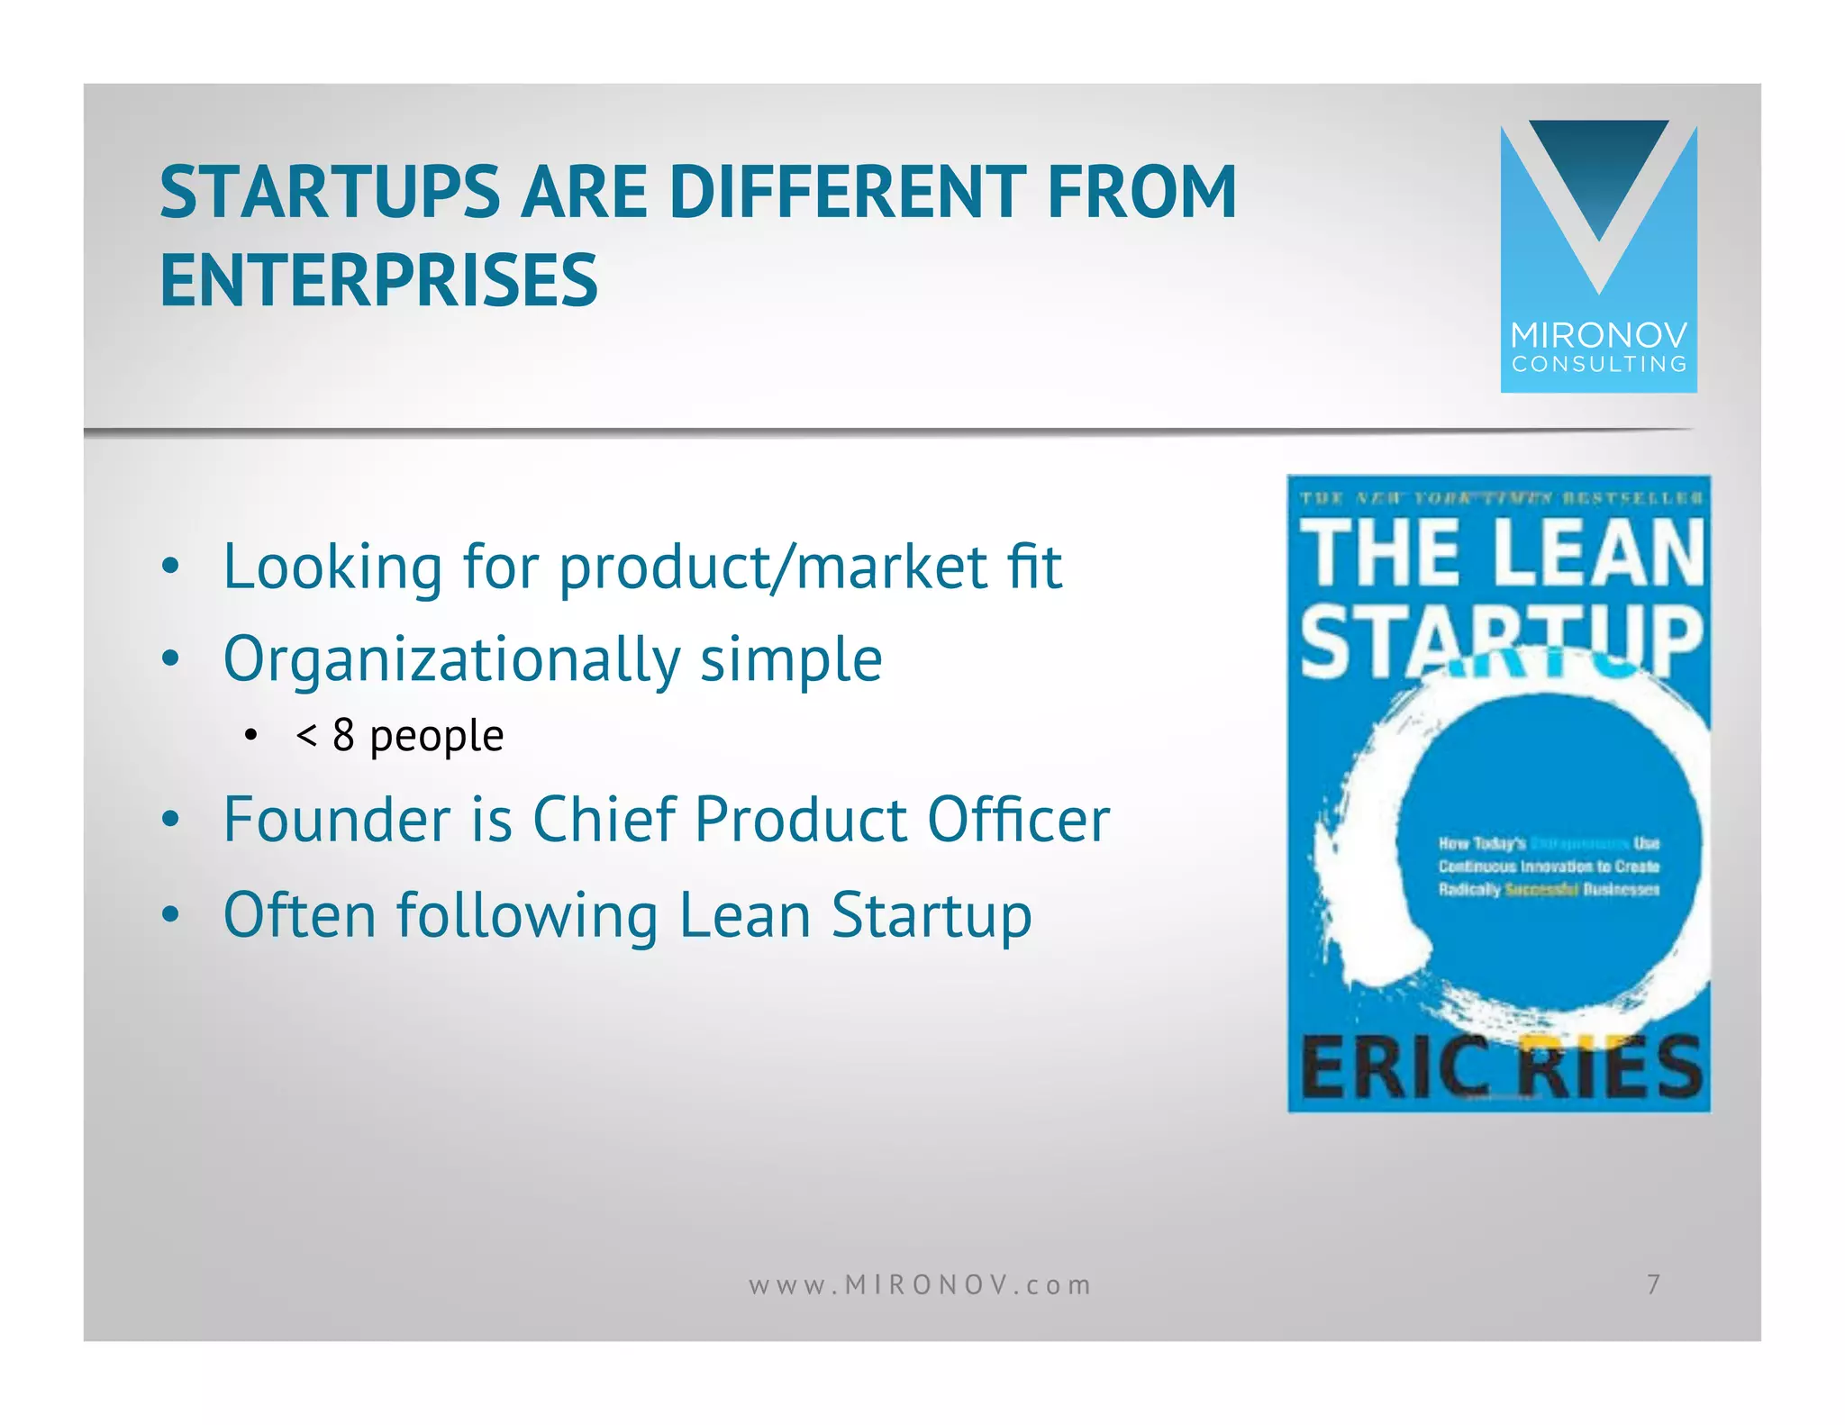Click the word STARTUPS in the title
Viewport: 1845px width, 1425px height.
coord(329,192)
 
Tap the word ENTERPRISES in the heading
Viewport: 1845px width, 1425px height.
coord(378,280)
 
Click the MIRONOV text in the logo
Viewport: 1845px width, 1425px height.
coord(1599,336)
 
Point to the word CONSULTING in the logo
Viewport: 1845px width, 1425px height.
coord(1599,365)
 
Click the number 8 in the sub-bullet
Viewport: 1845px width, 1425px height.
coord(343,735)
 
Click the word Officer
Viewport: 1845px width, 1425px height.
coord(1018,820)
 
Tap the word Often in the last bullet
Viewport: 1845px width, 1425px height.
coord(299,915)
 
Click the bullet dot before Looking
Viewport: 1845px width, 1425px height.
coord(170,567)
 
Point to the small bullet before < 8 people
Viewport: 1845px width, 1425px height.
coord(251,736)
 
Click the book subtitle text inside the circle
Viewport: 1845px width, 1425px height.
coord(1548,867)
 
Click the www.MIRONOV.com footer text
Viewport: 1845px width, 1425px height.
coord(920,1284)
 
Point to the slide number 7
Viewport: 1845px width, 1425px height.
coord(1653,1284)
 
